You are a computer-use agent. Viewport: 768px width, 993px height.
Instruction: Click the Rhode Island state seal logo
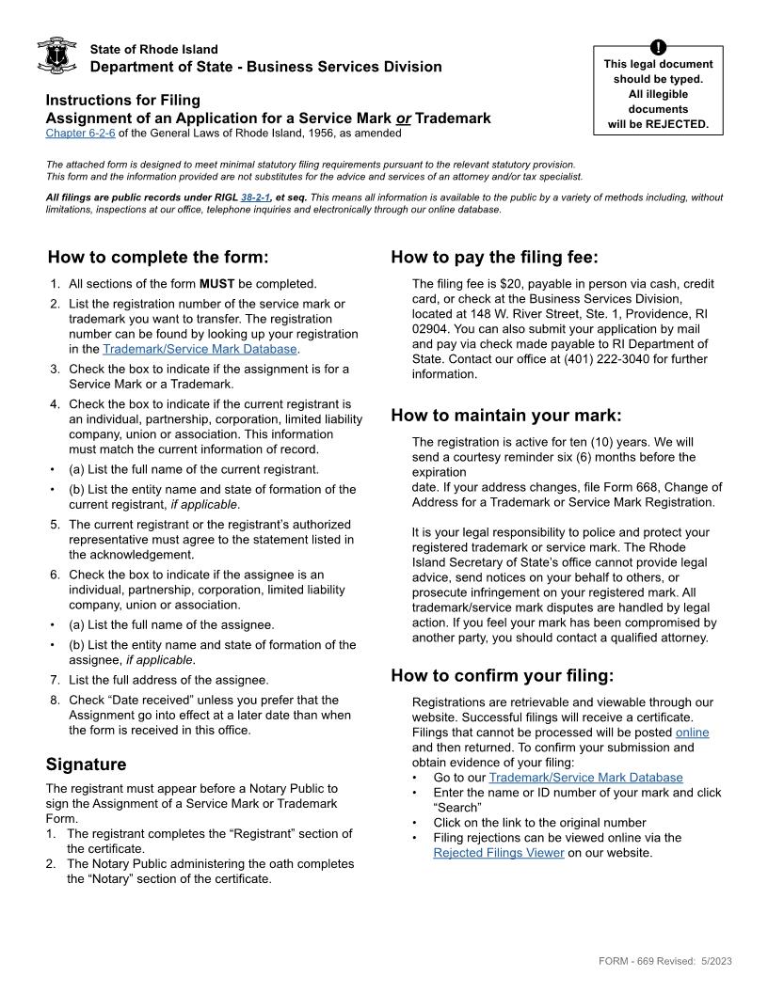point(56,56)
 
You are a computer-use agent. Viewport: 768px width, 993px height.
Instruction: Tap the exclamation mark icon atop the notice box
point(658,47)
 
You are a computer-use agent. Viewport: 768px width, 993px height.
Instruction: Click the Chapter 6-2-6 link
point(80,134)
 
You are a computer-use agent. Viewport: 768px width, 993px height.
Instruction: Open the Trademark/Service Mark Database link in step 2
point(200,349)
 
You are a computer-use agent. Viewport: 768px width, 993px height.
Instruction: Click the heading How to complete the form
point(158,258)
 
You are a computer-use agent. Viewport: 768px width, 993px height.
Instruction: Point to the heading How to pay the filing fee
point(494,258)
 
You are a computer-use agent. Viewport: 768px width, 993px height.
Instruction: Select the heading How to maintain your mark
point(506,416)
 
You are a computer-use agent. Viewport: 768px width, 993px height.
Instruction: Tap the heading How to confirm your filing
point(502,675)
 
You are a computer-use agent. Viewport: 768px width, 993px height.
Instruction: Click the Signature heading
point(86,764)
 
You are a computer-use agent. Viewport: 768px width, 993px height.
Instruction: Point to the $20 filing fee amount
point(510,283)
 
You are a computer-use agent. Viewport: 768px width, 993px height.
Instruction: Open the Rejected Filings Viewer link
point(499,853)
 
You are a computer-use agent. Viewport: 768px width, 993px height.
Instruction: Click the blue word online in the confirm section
point(692,733)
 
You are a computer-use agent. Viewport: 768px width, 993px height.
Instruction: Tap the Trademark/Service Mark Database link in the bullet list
point(585,778)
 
